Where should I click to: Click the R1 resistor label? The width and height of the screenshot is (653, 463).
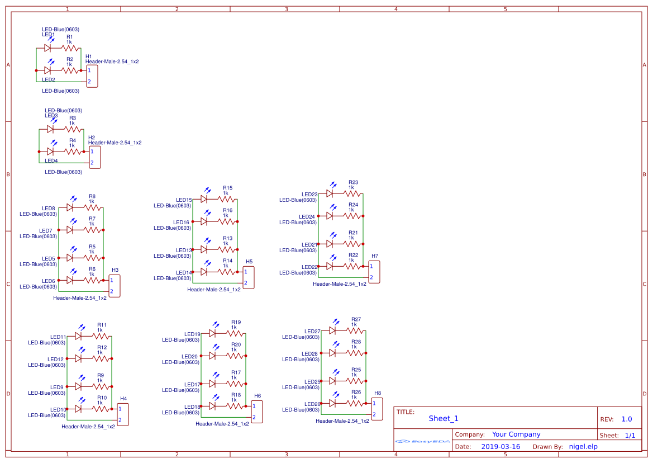coord(69,36)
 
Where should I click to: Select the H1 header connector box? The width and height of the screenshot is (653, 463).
coord(92,76)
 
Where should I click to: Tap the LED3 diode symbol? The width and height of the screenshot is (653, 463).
coord(50,129)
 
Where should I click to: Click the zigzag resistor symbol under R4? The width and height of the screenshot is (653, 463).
coord(72,151)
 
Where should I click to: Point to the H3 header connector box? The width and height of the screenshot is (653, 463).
coord(114,286)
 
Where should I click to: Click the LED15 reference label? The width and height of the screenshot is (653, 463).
coord(184,200)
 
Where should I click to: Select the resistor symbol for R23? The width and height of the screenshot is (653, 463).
coord(351,193)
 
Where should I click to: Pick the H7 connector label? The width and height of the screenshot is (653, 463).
coord(374,256)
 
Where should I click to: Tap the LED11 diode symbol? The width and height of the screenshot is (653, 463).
coord(78,336)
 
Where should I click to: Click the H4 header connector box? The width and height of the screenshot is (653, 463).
coord(122,414)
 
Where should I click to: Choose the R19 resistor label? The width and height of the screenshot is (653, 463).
coord(236,322)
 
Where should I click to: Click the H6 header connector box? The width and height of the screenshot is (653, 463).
coord(256,412)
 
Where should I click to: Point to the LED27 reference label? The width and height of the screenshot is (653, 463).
coord(312,331)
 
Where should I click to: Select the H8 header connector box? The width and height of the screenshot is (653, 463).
coord(376,409)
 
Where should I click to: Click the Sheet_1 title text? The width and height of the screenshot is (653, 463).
coord(444,418)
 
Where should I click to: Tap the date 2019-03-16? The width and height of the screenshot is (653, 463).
coord(501,446)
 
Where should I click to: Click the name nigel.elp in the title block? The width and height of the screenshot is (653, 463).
coord(583,446)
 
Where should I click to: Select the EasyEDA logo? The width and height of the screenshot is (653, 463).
coord(422,441)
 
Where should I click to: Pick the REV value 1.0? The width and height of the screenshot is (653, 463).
coord(627,419)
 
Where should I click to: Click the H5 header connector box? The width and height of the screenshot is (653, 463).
coord(249,277)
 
